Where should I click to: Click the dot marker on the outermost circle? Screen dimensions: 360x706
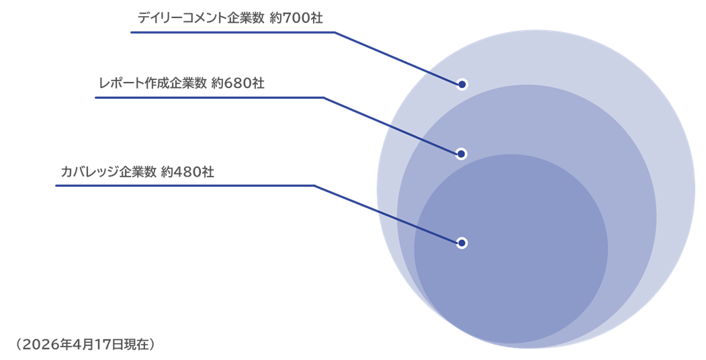pyautogui.click(x=461, y=85)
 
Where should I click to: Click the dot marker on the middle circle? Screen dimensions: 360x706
pyautogui.click(x=461, y=154)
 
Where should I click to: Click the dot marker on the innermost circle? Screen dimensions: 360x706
pyautogui.click(x=461, y=242)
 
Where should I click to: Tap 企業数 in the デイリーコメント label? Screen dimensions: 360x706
pyautogui.click(x=248, y=18)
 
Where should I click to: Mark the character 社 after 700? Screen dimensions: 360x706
pyautogui.click(x=316, y=18)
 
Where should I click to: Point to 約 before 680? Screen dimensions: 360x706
pyautogui.click(x=217, y=83)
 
